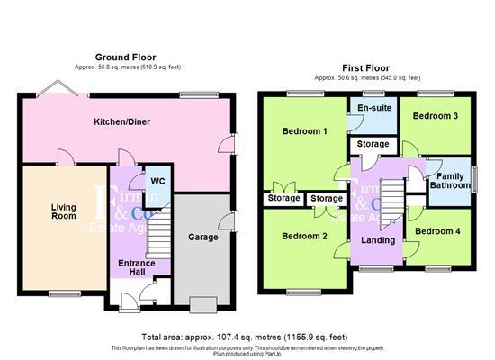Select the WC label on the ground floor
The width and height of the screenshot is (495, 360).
(x=157, y=181)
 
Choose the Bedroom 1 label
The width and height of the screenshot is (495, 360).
(x=304, y=132)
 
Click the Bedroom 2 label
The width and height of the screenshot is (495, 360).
(x=304, y=237)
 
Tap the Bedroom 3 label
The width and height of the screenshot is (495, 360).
(x=436, y=116)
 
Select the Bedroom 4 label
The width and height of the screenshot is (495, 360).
(x=439, y=231)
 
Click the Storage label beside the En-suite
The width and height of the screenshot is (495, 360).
(x=373, y=144)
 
